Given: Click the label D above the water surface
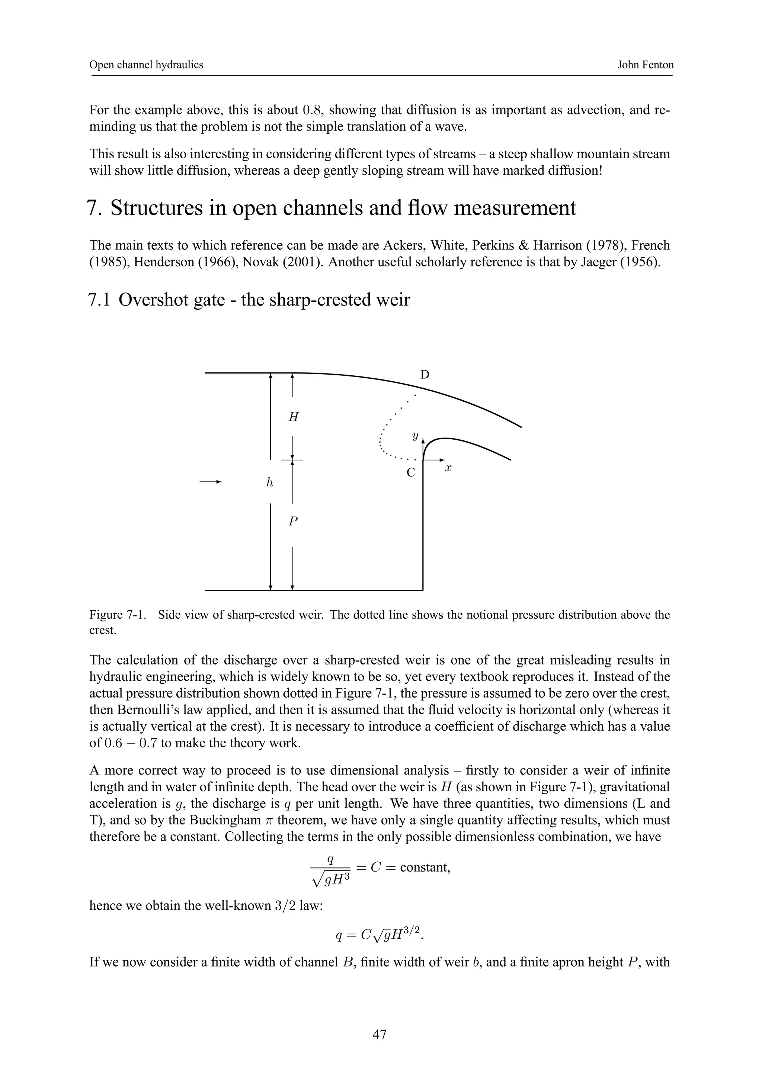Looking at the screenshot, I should (x=425, y=375).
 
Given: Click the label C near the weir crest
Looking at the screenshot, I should (x=411, y=473).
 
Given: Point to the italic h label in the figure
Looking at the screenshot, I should (x=269, y=482).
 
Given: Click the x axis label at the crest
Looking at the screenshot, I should (x=448, y=468).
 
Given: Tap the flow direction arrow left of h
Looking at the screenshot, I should (x=210, y=482).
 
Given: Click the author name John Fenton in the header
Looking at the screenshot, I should (x=645, y=65).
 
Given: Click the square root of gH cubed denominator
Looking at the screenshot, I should (x=332, y=881).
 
